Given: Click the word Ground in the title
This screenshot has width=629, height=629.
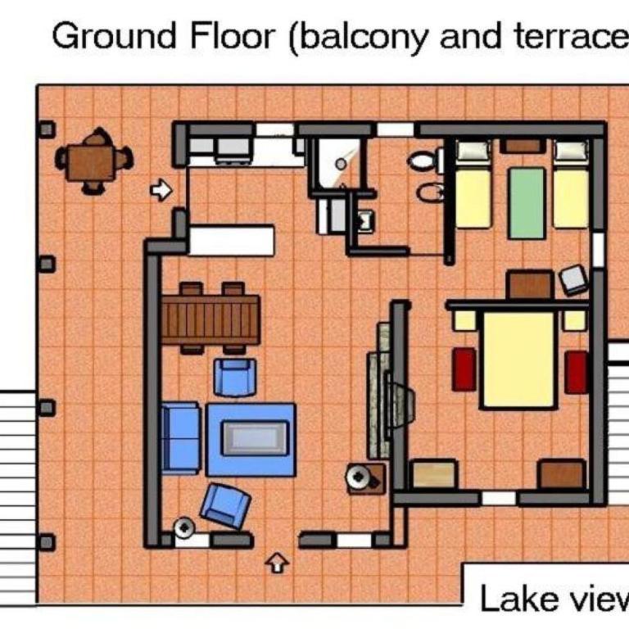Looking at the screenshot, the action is [x=114, y=37].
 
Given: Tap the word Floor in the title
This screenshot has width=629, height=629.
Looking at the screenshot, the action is [x=233, y=37].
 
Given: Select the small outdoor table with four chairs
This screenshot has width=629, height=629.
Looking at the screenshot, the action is [x=94, y=161].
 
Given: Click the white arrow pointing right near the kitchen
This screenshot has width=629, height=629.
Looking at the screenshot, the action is [x=161, y=189].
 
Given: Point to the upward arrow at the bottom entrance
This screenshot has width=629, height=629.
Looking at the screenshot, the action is [x=277, y=563].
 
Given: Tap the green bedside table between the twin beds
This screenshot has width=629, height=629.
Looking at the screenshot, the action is [x=527, y=203].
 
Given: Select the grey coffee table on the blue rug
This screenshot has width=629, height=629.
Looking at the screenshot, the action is [x=255, y=438].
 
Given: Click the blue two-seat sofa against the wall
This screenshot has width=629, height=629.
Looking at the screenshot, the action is [x=180, y=438].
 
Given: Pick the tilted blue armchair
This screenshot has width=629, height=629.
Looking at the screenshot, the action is [x=225, y=505].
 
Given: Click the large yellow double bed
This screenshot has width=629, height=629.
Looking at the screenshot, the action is [x=519, y=359].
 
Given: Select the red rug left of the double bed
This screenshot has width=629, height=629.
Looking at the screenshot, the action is [x=464, y=369].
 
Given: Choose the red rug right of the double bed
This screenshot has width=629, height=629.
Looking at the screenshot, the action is [x=577, y=372].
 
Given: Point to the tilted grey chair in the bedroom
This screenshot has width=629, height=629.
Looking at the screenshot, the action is [x=574, y=280].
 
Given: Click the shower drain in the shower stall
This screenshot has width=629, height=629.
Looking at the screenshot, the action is [x=341, y=164].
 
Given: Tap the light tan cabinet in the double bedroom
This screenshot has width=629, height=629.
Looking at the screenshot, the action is [x=434, y=474].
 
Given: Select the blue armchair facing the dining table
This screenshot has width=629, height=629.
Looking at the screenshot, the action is [x=235, y=378].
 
